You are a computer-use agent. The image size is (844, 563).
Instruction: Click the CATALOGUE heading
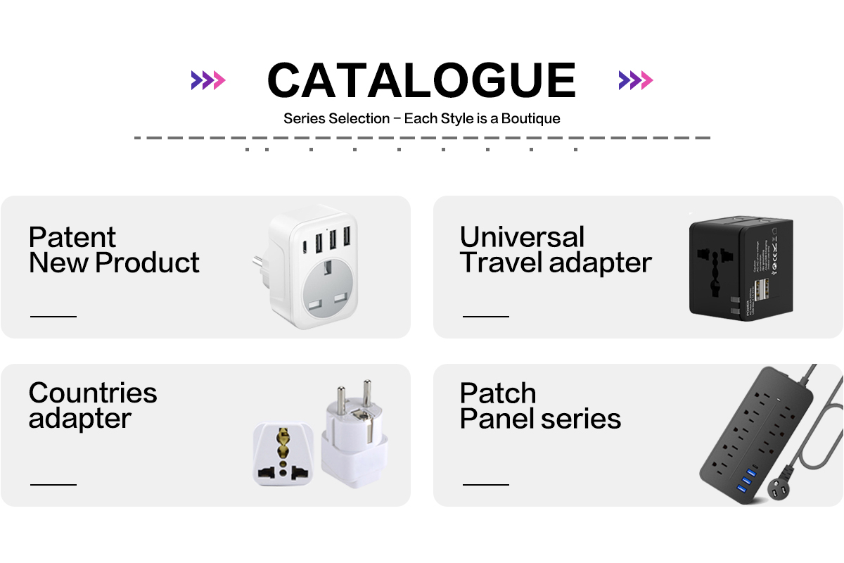[x=421, y=80]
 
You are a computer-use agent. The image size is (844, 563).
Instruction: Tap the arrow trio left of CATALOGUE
[x=208, y=80]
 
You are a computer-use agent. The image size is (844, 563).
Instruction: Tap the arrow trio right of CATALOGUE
[x=636, y=80]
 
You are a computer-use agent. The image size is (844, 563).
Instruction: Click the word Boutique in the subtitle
[x=530, y=118]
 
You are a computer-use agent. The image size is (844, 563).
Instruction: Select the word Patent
[x=72, y=237]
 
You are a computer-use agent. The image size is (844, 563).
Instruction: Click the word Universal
[x=522, y=237]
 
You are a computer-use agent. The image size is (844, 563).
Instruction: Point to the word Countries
[x=93, y=393]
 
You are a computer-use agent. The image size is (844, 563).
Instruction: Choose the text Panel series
[x=540, y=418]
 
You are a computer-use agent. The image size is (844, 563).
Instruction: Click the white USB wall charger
[x=306, y=267]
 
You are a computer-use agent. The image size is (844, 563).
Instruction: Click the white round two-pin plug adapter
[x=354, y=434]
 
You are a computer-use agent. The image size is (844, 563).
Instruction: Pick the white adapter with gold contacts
[x=283, y=454]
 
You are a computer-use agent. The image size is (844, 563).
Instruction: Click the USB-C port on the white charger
[x=305, y=247]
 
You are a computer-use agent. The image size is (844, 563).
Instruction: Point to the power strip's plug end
[x=779, y=491]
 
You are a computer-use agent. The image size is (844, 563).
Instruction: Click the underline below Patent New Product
[x=53, y=317]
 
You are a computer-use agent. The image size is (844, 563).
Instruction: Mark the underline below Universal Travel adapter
[x=486, y=317]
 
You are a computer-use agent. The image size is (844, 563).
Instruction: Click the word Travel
[x=501, y=262]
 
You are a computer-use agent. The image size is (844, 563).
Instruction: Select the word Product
[x=147, y=262]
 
